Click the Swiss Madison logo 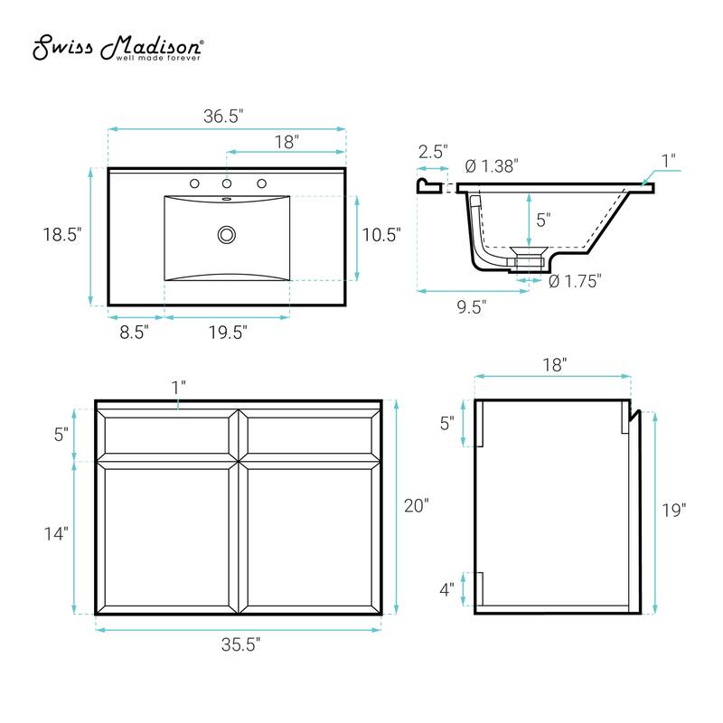(x=117, y=50)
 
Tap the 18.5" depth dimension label (x=64, y=233)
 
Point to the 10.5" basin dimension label (x=381, y=235)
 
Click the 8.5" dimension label (x=133, y=332)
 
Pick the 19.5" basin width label (x=227, y=332)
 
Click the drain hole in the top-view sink (x=226, y=235)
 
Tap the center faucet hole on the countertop (x=227, y=183)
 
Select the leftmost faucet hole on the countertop (x=193, y=183)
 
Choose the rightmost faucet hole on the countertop (x=261, y=183)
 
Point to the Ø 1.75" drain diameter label (x=575, y=281)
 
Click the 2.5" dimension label (x=433, y=152)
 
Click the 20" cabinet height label (x=416, y=506)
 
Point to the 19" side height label (x=673, y=510)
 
